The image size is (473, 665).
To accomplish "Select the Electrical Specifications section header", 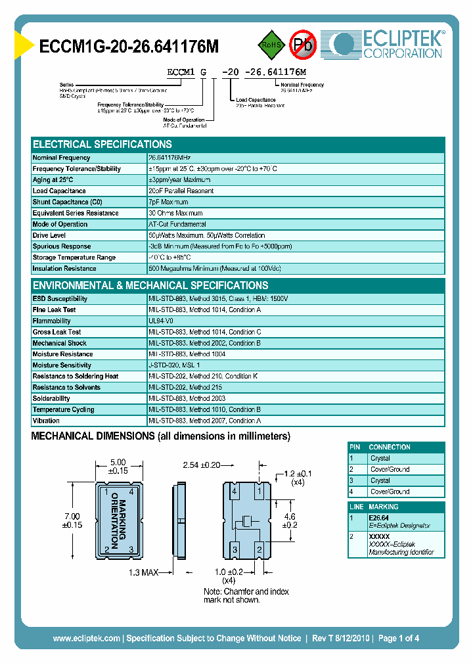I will coord(102,144).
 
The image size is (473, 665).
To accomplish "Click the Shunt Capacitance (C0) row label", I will coord(67,202).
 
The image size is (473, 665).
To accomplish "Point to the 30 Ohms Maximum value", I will coord(175,213).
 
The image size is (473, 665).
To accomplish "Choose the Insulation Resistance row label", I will coord(64,269).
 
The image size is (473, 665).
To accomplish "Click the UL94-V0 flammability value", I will coord(162,321).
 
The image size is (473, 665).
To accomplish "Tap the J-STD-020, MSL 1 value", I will coord(174,365).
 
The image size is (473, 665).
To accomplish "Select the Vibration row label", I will coord(46,421).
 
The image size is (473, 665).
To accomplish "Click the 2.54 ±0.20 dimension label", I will coord(202,465).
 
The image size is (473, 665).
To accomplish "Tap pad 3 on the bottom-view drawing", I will coord(234,549).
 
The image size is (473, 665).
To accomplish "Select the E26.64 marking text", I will coord(380,518).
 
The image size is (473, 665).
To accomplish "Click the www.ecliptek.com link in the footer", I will coord(86,638).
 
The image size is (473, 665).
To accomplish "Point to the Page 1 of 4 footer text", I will coord(398,638).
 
